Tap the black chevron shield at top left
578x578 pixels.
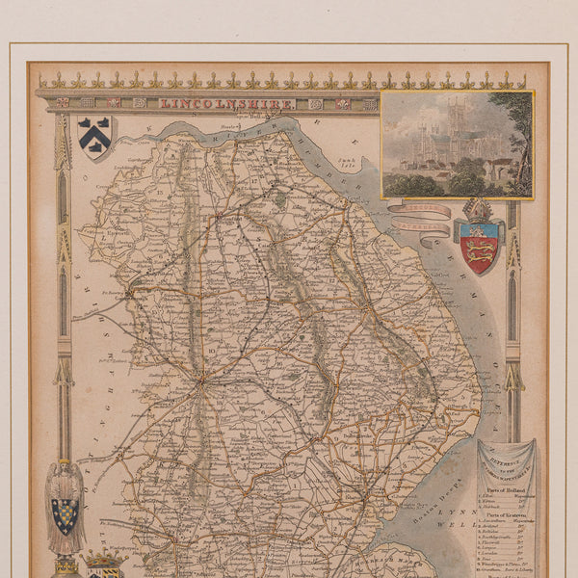[94, 135]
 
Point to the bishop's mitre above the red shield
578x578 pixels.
[478, 210]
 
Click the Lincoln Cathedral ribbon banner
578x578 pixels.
[419, 217]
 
